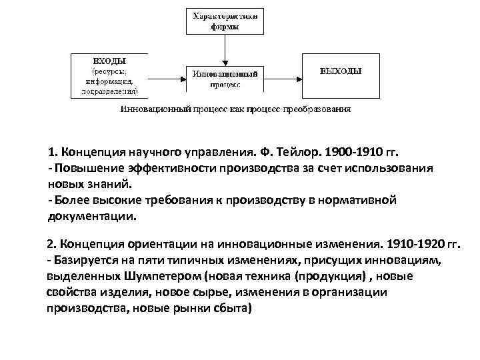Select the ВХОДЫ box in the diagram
[x=109, y=75]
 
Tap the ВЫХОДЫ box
[x=341, y=72]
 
